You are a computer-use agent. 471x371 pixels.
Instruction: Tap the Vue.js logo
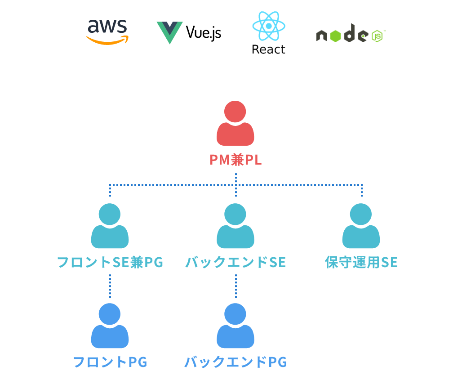click(x=189, y=32)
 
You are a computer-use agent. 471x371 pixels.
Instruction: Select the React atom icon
click(x=268, y=26)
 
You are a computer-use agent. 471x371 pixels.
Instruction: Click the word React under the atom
click(x=268, y=49)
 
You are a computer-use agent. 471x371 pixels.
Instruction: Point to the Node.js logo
click(x=351, y=34)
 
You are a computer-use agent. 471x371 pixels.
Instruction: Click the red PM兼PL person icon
click(x=235, y=124)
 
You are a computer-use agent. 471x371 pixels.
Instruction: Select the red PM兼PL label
click(x=235, y=160)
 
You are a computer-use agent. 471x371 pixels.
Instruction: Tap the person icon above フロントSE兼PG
click(x=110, y=226)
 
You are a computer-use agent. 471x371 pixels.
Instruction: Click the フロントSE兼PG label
click(x=110, y=262)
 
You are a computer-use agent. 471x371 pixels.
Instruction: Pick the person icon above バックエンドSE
click(x=235, y=226)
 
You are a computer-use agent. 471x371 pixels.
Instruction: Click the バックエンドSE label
click(x=235, y=262)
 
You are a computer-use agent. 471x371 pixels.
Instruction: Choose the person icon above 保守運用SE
click(x=361, y=226)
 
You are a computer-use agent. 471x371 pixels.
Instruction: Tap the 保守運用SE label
click(x=361, y=262)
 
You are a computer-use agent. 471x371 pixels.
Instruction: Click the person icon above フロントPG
click(x=110, y=326)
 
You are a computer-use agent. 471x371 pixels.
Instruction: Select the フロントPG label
click(x=110, y=362)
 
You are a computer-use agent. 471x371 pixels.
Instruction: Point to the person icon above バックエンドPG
click(x=235, y=326)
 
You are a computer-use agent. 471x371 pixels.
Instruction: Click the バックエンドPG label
click(x=235, y=362)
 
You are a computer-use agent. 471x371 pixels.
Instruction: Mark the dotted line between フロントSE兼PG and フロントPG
click(x=110, y=286)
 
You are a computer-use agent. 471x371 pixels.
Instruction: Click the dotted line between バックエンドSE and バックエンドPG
click(x=235, y=286)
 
